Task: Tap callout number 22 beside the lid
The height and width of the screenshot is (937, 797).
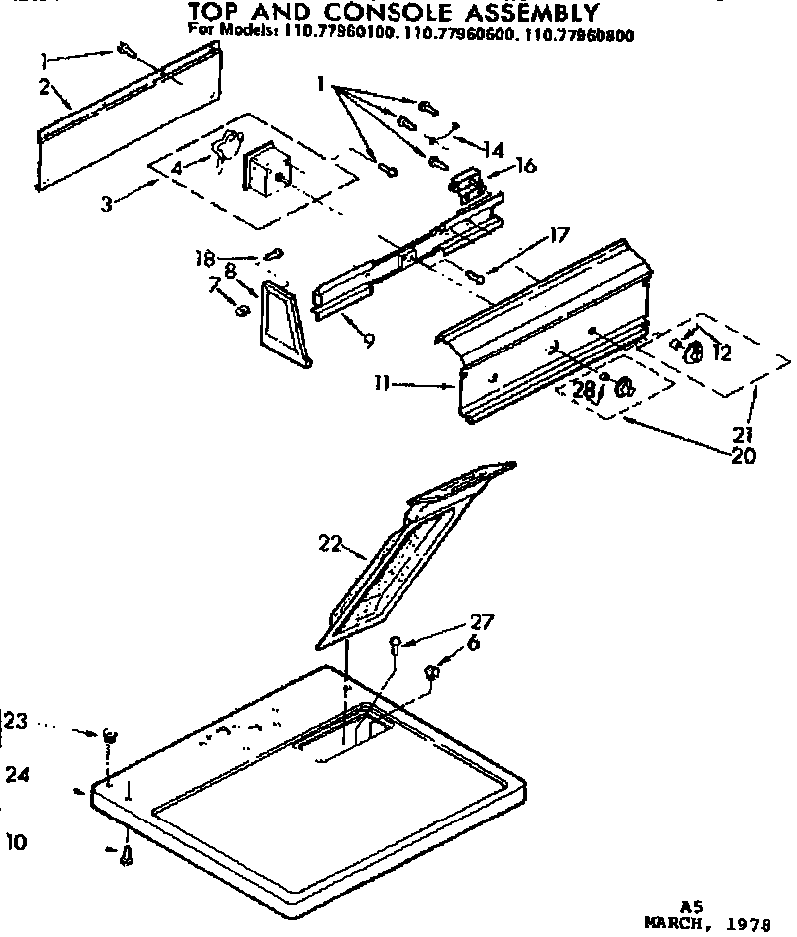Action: click(331, 545)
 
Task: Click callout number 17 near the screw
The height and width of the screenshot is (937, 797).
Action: click(558, 237)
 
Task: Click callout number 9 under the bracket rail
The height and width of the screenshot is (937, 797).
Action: click(369, 341)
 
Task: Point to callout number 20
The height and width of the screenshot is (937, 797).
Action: click(742, 457)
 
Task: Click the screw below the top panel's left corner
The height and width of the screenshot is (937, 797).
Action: click(127, 855)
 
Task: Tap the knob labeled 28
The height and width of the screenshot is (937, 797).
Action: click(625, 386)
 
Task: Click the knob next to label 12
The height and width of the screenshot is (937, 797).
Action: click(695, 351)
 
